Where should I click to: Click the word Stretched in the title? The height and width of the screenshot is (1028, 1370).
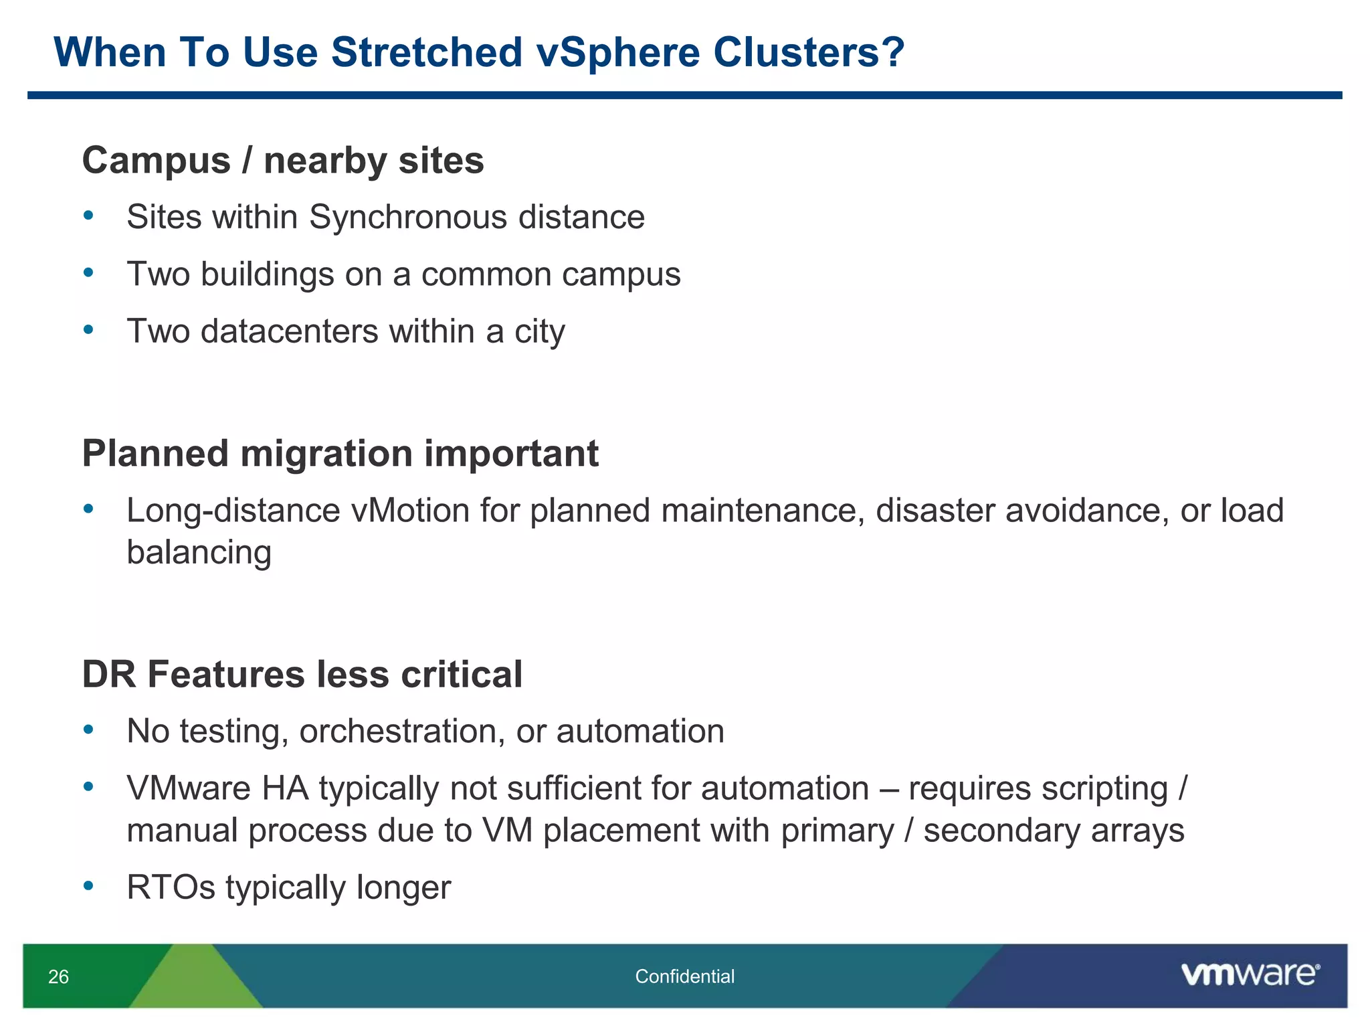426,52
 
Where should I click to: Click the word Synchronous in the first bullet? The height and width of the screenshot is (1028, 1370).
408,218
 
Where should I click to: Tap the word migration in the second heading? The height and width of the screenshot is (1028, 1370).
326,454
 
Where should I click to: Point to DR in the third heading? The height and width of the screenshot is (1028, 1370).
109,674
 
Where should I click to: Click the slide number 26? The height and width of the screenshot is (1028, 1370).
58,976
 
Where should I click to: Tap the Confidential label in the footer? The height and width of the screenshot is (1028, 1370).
684,976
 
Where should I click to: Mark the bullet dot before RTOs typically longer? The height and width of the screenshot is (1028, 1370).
88,886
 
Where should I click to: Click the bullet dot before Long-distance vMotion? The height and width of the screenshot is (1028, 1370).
88,509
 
